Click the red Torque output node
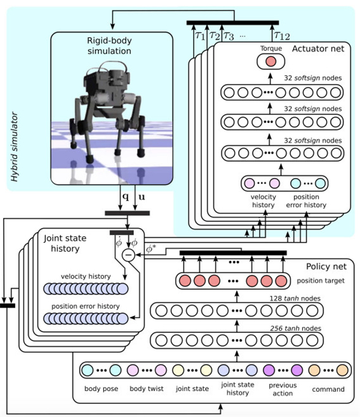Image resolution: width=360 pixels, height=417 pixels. [271, 61]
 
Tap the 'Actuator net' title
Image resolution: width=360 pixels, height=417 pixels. [318, 49]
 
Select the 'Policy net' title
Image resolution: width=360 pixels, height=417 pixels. [326, 266]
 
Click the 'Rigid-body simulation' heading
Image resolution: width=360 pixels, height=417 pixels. [109, 46]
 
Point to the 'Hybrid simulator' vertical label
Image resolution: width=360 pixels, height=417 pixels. [14, 147]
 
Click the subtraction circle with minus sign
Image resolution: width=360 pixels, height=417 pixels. [128, 256]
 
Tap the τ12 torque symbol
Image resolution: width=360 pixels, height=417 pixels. [282, 35]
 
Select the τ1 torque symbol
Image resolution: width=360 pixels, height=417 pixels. [200, 35]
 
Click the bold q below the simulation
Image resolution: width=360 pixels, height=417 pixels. [125, 197]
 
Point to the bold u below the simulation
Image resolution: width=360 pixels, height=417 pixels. [142, 197]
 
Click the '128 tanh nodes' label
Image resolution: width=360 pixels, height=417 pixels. [295, 298]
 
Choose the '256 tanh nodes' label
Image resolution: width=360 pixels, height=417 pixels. [296, 328]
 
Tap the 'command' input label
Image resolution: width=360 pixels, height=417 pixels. [328, 389]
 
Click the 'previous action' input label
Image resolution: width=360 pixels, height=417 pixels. [283, 389]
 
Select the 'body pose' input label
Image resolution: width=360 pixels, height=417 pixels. [101, 389]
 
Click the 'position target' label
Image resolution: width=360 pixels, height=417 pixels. [320, 281]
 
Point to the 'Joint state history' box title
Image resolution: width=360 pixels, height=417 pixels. [65, 244]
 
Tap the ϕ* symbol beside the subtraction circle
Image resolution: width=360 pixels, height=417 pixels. [151, 249]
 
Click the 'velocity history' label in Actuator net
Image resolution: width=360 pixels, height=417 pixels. [263, 201]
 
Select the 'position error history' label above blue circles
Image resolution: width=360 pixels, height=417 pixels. [86, 307]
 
